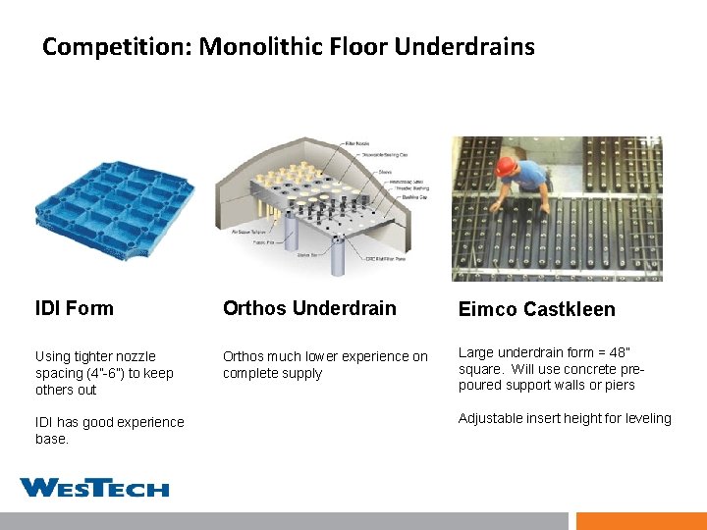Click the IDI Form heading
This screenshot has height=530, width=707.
[74, 308]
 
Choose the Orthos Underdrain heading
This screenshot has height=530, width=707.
[309, 308]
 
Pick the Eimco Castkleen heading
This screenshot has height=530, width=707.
[536, 309]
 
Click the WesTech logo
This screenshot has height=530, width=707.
[94, 488]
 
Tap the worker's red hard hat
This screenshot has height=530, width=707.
[506, 167]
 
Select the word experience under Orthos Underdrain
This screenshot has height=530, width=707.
[375, 356]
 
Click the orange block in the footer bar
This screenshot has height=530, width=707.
[640, 521]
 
